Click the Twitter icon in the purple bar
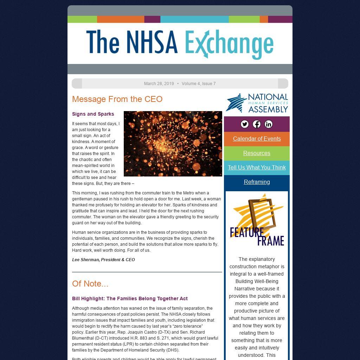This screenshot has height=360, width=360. [245, 124]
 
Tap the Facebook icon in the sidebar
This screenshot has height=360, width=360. [257, 124]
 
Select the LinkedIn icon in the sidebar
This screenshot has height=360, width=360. [269, 124]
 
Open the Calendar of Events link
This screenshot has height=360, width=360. [257, 139]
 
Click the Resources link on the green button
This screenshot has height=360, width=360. [257, 153]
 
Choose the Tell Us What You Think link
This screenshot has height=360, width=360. [257, 167]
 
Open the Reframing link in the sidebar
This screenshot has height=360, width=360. [257, 182]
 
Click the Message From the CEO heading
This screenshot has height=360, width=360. [117, 99]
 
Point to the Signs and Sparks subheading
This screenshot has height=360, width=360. [93, 114]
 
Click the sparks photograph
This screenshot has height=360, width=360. [173, 143]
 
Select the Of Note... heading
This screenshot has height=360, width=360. [90, 284]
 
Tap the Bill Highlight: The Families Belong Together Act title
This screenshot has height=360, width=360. [130, 298]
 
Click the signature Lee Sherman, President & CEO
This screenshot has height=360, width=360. [103, 260]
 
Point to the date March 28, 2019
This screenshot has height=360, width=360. [159, 84]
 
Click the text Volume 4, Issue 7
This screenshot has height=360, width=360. [199, 84]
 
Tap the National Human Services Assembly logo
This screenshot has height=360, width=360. [257, 103]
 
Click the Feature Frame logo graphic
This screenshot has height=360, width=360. [257, 220]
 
